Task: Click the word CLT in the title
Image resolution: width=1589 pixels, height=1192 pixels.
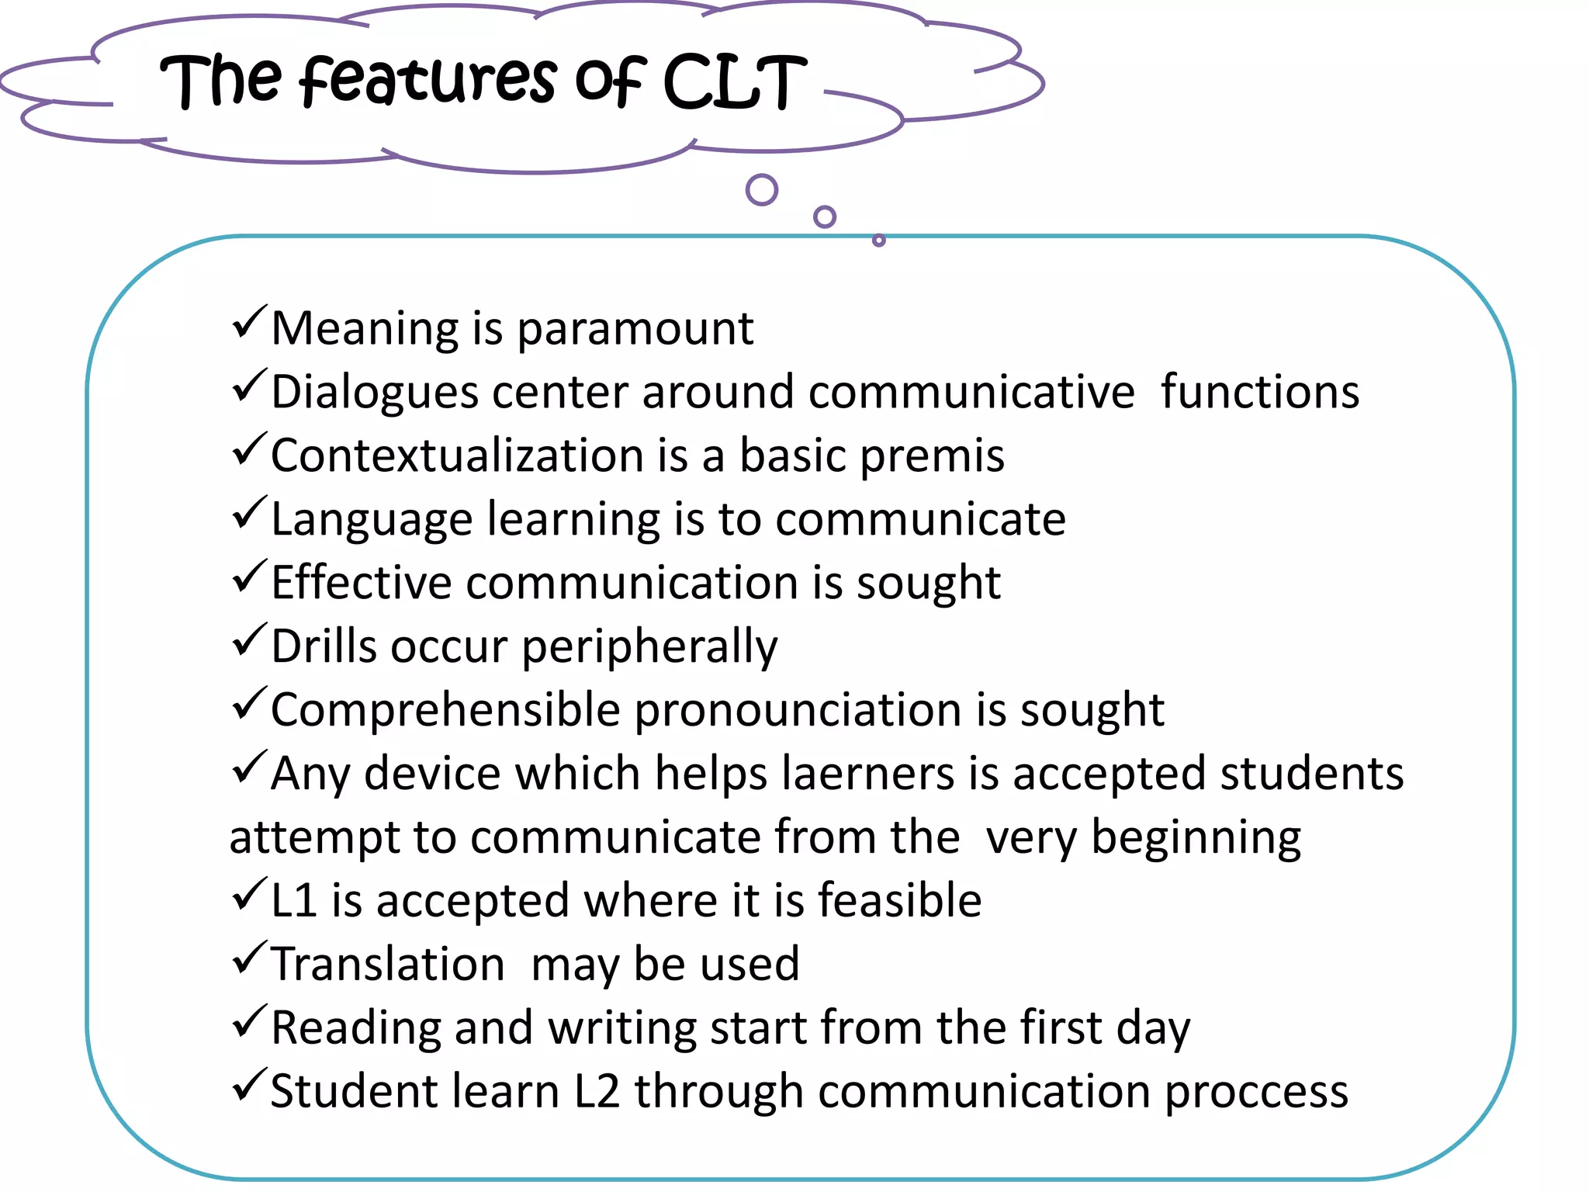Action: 734,82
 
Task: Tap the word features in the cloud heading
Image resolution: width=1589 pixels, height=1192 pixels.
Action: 428,81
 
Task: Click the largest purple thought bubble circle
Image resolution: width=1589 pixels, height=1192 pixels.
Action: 761,189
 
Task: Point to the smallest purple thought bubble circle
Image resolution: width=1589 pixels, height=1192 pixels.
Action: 878,241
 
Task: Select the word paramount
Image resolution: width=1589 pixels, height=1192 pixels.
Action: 635,329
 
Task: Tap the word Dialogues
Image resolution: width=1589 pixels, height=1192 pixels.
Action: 374,393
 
